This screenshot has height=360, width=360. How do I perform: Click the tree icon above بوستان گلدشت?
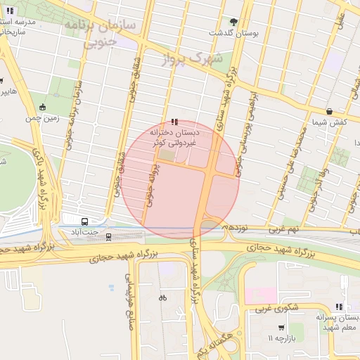pyautogui.click(x=234, y=22)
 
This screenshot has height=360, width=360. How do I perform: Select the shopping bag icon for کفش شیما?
pyautogui.click(x=329, y=112)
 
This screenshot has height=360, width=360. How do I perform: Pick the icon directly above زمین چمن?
pyautogui.click(x=43, y=108)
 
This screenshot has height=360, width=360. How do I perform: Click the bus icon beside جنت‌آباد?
pyautogui.click(x=84, y=220)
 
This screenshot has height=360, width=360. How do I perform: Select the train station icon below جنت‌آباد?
pyautogui.click(x=108, y=234)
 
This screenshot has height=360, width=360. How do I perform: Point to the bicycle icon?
pyautogui.click(x=162, y=297)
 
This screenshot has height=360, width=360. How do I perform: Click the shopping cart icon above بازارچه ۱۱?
pyautogui.click(x=281, y=328)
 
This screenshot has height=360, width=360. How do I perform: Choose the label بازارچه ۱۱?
pyautogui.click(x=280, y=339)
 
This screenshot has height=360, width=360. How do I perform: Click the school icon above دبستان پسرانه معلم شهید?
pyautogui.click(x=340, y=307)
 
